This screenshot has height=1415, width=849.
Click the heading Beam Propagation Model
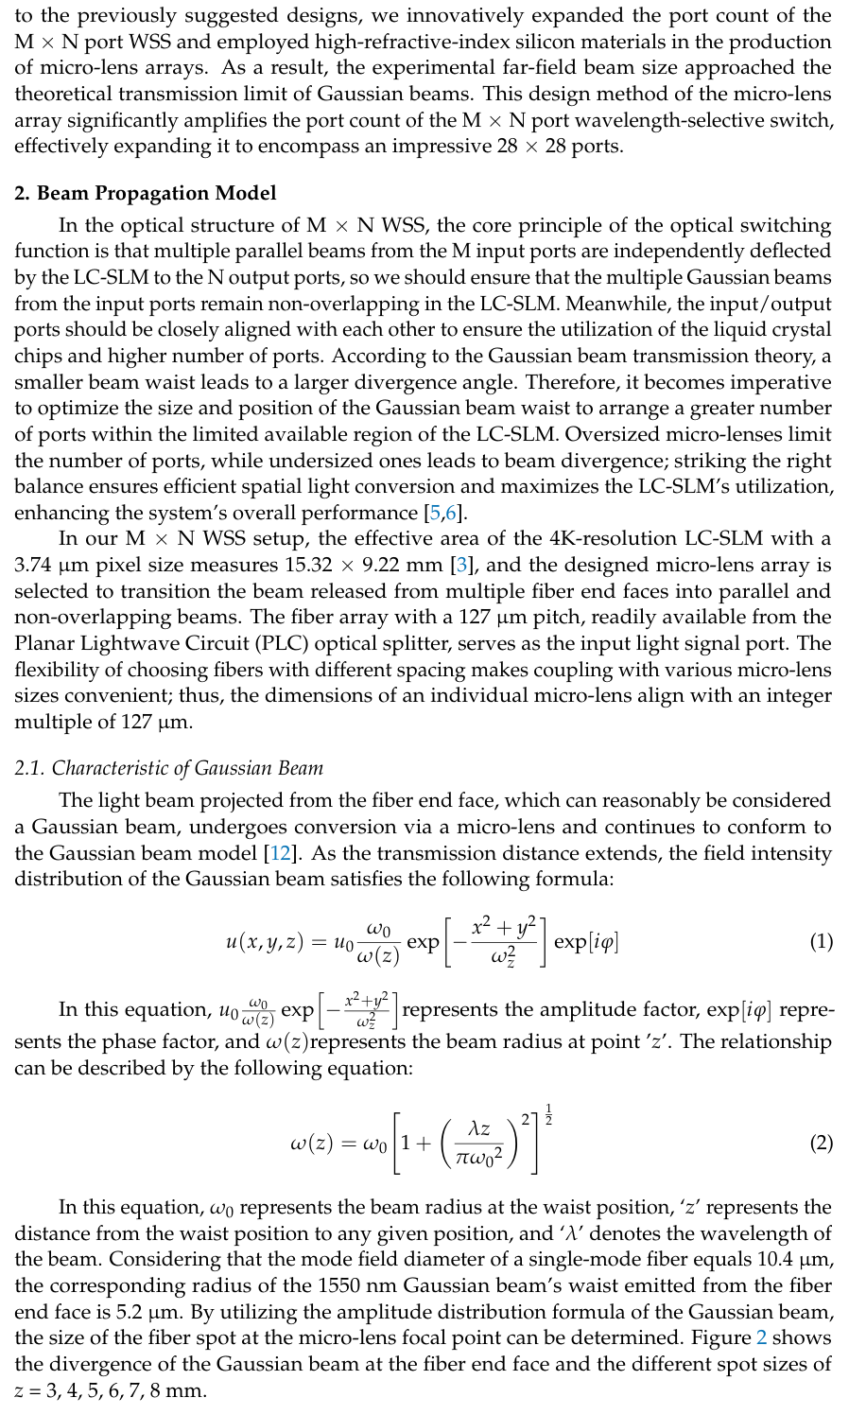coord(146,194)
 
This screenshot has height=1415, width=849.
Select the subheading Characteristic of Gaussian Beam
coord(169,768)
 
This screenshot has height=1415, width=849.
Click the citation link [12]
coord(281,853)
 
